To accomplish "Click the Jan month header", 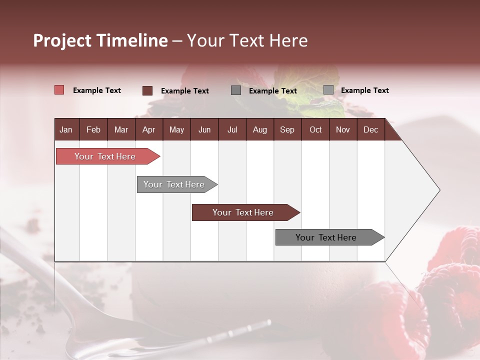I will click(66, 129).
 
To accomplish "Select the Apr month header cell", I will click(148, 129).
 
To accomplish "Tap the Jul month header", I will click(232, 129).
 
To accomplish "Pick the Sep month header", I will click(287, 129).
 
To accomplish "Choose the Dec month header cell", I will click(370, 129).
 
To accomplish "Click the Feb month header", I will click(93, 129).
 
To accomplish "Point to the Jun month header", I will click(204, 129).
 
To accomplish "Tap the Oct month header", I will click(315, 129).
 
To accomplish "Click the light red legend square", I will click(59, 90).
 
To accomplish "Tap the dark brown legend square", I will click(147, 90).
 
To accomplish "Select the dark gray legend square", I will click(236, 90).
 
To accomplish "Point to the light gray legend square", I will click(328, 90).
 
